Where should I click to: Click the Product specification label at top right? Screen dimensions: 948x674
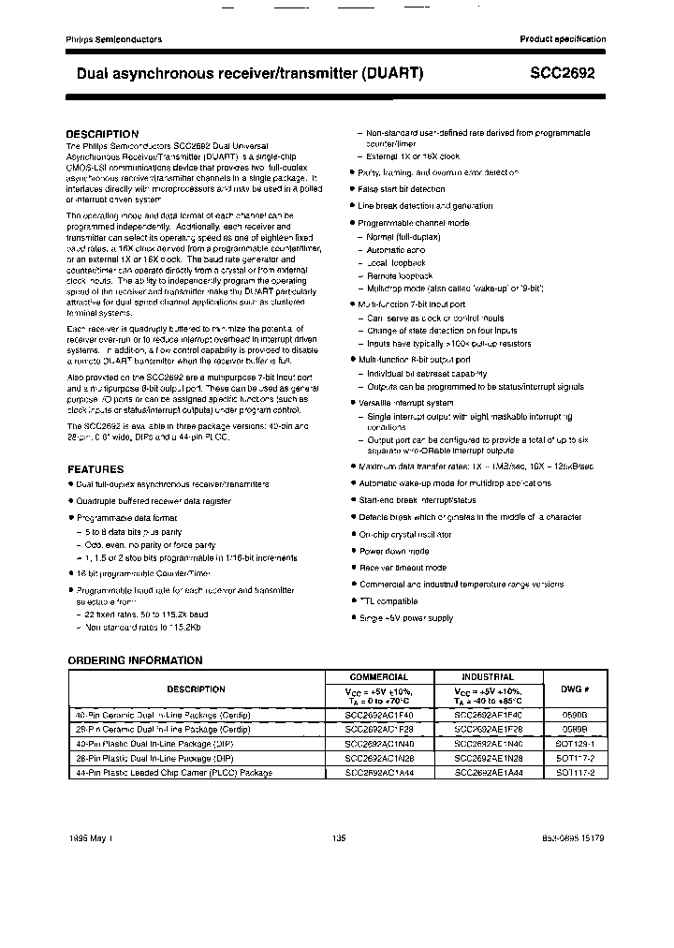[x=563, y=39]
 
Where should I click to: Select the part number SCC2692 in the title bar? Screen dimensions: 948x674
[x=568, y=72]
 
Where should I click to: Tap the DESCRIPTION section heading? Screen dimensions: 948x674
[x=102, y=134]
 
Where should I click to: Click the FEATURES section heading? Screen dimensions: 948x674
[x=95, y=469]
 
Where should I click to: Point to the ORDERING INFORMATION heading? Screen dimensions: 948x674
[x=135, y=660]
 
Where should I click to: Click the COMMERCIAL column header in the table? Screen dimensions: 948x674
[x=378, y=676]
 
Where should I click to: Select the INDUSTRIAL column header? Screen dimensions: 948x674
[x=488, y=676]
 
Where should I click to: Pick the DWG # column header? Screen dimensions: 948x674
[x=575, y=689]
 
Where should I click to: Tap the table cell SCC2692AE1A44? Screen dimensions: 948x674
[x=488, y=773]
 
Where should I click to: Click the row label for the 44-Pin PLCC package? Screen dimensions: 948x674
[x=173, y=773]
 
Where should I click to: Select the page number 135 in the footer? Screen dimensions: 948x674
[x=339, y=838]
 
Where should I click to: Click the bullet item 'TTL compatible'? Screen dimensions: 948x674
[x=388, y=601]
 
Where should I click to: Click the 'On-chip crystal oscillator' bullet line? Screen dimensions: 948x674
[x=405, y=534]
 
